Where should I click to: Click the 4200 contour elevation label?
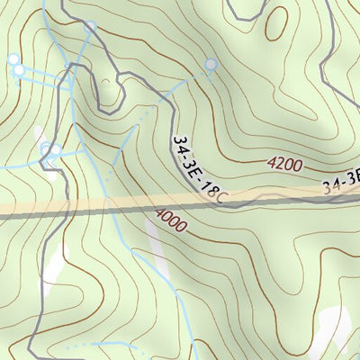click(284, 165)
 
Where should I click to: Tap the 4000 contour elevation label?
click(170, 220)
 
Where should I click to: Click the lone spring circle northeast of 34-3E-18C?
click(211, 64)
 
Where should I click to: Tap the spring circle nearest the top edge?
click(89, 27)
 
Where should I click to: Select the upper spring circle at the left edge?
click(13, 58)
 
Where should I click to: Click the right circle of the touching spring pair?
click(56, 149)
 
